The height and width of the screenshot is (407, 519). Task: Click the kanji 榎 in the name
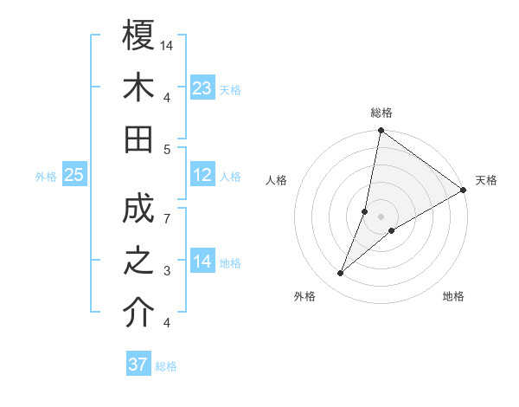pyautogui.click(x=138, y=36)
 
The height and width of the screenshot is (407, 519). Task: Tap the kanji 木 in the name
pyautogui.click(x=138, y=87)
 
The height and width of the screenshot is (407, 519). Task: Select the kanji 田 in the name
pyautogui.click(x=138, y=139)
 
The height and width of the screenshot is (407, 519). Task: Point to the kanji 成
pyautogui.click(x=138, y=209)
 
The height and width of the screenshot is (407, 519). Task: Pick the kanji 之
pyautogui.click(x=138, y=261)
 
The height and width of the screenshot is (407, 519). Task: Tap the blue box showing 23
pyautogui.click(x=202, y=87)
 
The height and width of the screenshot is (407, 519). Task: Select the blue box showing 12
pyautogui.click(x=202, y=175)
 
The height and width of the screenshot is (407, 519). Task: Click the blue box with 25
pyautogui.click(x=74, y=175)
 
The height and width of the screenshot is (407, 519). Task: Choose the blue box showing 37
pyautogui.click(x=138, y=365)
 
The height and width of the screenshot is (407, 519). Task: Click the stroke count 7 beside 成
pyautogui.click(x=168, y=218)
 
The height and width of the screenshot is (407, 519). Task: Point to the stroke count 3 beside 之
pyautogui.click(x=168, y=271)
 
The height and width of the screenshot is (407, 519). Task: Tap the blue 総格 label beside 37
pyautogui.click(x=166, y=366)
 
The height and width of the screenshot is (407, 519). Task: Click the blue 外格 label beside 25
pyautogui.click(x=46, y=177)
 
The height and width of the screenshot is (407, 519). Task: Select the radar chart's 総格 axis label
pyautogui.click(x=381, y=113)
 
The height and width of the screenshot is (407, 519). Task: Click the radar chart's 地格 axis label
pyautogui.click(x=453, y=296)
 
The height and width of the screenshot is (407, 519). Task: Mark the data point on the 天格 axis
pyautogui.click(x=463, y=191)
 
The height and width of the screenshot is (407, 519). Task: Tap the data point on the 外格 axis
pyautogui.click(x=341, y=274)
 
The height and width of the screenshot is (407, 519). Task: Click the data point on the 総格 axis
pyautogui.click(x=381, y=132)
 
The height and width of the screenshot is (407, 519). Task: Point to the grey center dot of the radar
pyautogui.click(x=381, y=216)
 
